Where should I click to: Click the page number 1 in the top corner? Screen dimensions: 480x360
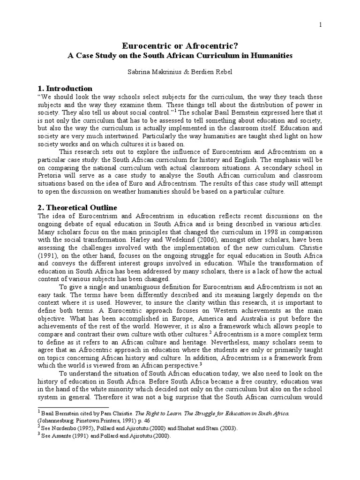coord(321,24)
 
